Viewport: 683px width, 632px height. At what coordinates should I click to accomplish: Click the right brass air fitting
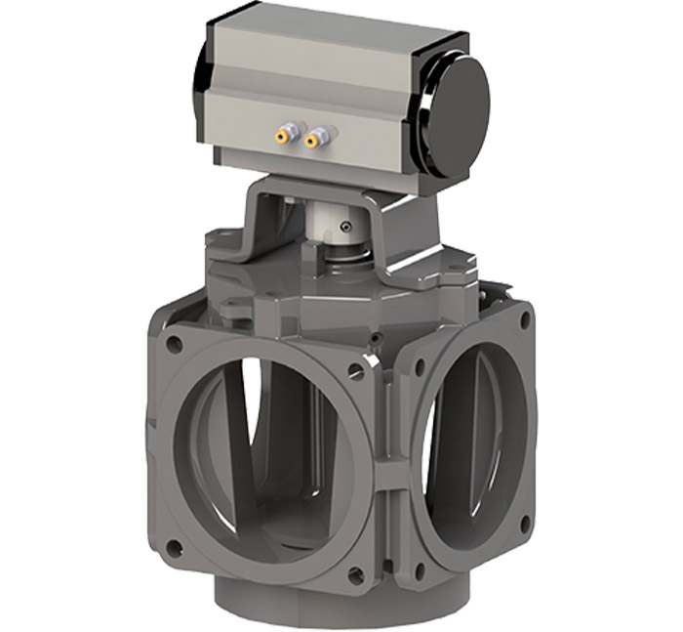click(x=313, y=140)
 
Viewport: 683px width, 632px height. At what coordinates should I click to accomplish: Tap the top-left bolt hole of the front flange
click(x=174, y=345)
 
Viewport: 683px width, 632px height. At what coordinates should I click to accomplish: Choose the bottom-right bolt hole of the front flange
click(x=356, y=576)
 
